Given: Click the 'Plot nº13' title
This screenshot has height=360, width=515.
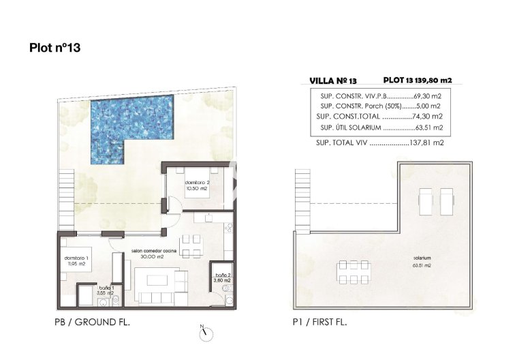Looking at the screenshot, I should [57, 48].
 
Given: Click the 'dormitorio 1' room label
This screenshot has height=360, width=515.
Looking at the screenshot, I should [76, 260].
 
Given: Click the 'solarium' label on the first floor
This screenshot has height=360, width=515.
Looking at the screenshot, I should [421, 258].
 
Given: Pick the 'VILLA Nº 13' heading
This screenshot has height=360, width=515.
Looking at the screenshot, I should [332, 80].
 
